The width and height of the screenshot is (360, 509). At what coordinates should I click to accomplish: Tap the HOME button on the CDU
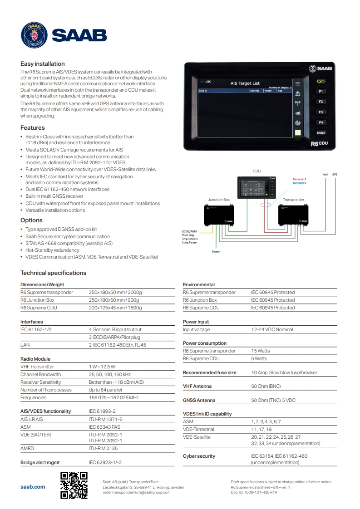pyautogui.click(x=321, y=133)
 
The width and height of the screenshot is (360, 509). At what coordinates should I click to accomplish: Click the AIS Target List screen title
pyautogui.click(x=245, y=83)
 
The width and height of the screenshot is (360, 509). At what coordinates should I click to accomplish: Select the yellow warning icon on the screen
pyautogui.click(x=298, y=133)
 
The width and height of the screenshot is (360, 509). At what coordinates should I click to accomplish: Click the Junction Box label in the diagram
pyautogui.click(x=219, y=200)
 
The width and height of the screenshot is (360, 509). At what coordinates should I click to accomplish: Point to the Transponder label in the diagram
pyautogui.click(x=293, y=200)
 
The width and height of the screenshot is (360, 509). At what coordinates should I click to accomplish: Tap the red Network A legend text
pyautogui.click(x=300, y=179)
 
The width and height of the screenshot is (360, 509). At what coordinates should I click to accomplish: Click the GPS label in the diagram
pyautogui.click(x=335, y=174)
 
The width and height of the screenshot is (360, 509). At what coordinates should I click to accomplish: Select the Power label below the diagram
pyautogui.click(x=216, y=251)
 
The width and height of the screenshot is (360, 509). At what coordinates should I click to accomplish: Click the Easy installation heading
pyautogui.click(x=43, y=64)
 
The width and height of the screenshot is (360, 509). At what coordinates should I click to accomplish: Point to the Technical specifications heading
pyautogui.click(x=53, y=273)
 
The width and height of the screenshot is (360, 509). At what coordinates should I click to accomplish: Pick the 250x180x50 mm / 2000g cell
pyautogui.click(x=115, y=293)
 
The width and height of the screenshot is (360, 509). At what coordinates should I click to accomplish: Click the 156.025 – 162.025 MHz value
pyautogui.click(x=113, y=397)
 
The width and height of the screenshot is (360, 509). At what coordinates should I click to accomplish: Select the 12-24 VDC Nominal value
pyautogui.click(x=272, y=330)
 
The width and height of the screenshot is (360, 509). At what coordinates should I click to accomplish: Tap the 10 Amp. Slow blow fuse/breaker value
pyautogui.click(x=284, y=372)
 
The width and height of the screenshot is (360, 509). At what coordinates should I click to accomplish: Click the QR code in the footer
pyautogui.click(x=74, y=485)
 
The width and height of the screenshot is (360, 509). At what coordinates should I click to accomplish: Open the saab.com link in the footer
pyautogui.click(x=33, y=487)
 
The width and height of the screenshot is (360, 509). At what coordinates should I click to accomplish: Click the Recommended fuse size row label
pyautogui.click(x=210, y=372)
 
